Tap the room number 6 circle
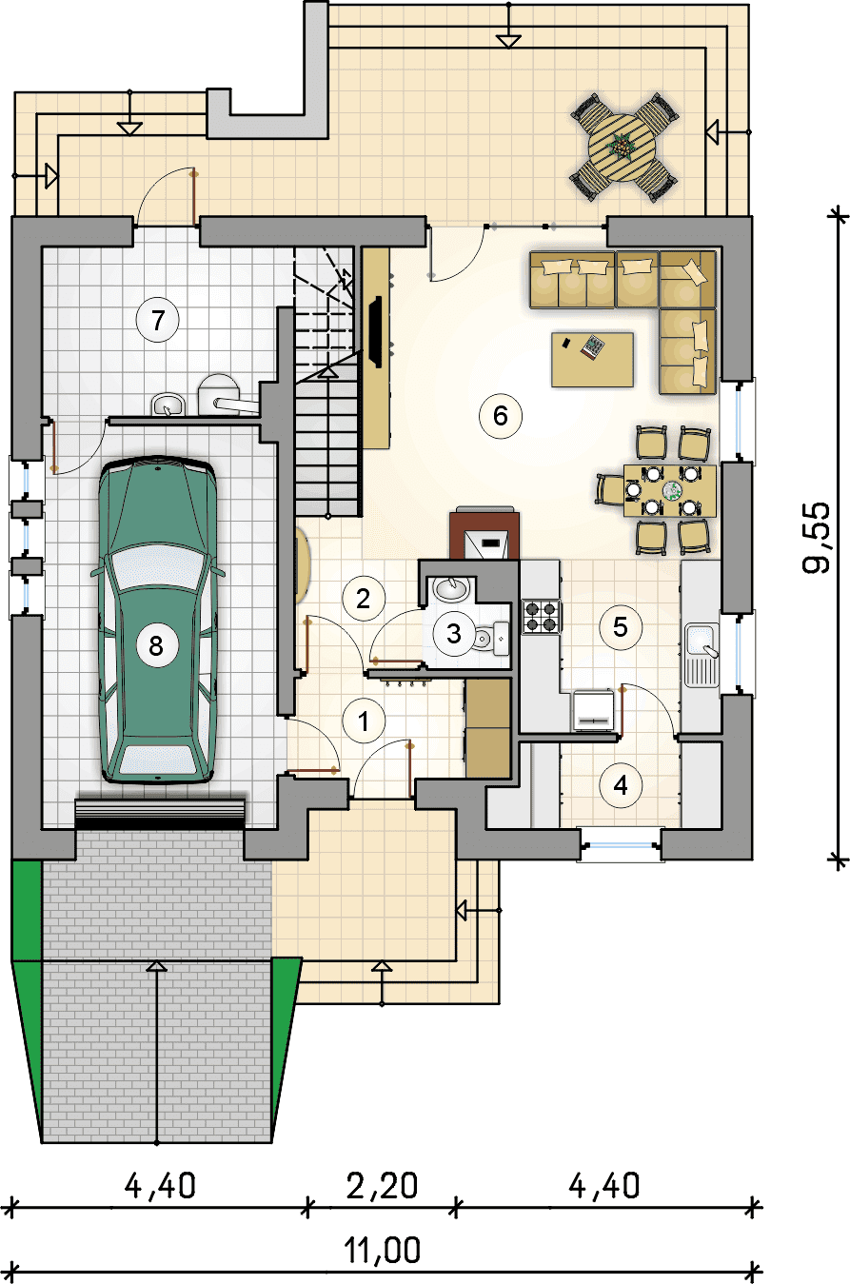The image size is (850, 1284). tap(501, 416)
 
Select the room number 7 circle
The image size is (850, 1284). tap(158, 320)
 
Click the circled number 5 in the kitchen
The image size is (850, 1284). tap(621, 627)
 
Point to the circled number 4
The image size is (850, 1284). tap(621, 785)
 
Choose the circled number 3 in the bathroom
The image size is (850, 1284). tap(454, 633)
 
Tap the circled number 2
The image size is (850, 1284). tap(364, 599)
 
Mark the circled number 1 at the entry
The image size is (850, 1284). tap(364, 721)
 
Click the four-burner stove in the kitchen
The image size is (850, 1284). tap(542, 616)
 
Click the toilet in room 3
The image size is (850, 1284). tap(490, 638)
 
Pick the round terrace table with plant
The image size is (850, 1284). tap(623, 148)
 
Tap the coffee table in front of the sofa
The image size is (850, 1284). tap(593, 360)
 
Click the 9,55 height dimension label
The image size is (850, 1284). tap(816, 538)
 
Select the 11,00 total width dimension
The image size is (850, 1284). tap(383, 1250)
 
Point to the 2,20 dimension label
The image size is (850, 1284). tap(383, 1186)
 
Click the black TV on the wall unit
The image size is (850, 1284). tap(376, 331)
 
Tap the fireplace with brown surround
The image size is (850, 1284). tap(484, 533)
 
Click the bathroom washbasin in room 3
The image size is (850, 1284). tap(451, 588)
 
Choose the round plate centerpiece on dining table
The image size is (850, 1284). tap(672, 490)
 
